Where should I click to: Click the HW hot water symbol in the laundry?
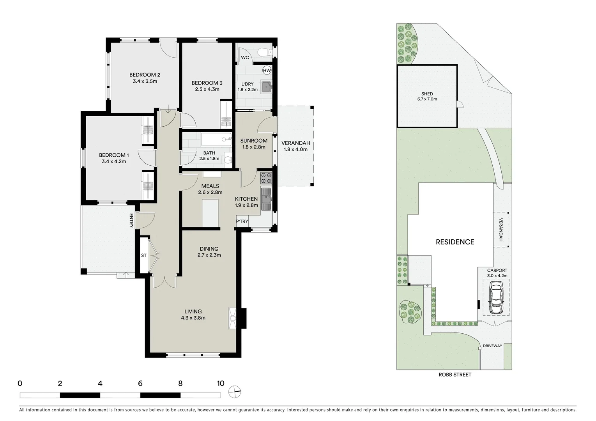click(267, 70)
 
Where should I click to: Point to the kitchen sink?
click(266, 199)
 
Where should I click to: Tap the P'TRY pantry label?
click(242, 221)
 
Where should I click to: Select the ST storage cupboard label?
click(144, 256)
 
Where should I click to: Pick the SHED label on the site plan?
click(426, 94)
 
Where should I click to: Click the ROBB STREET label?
click(454, 375)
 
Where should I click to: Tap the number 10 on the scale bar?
click(221, 383)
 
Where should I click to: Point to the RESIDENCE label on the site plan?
click(455, 242)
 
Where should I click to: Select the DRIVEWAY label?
click(492, 346)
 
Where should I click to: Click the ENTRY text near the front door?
click(131, 220)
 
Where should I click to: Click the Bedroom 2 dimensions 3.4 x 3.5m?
click(145, 81)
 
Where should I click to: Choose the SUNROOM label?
click(254, 141)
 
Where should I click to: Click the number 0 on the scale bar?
click(20, 383)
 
